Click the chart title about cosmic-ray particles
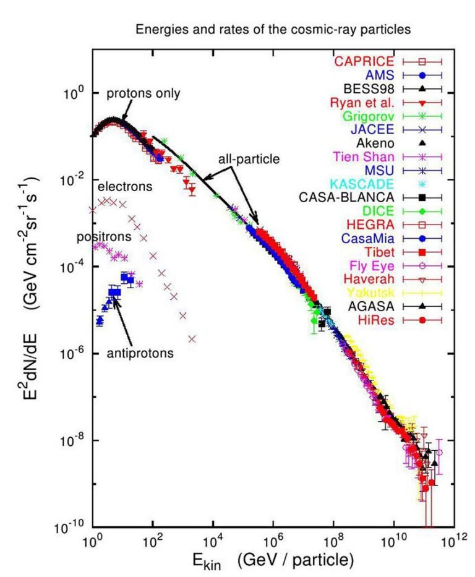pos(273,29)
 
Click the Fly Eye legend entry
pos(369,265)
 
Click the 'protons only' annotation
pos(143,94)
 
